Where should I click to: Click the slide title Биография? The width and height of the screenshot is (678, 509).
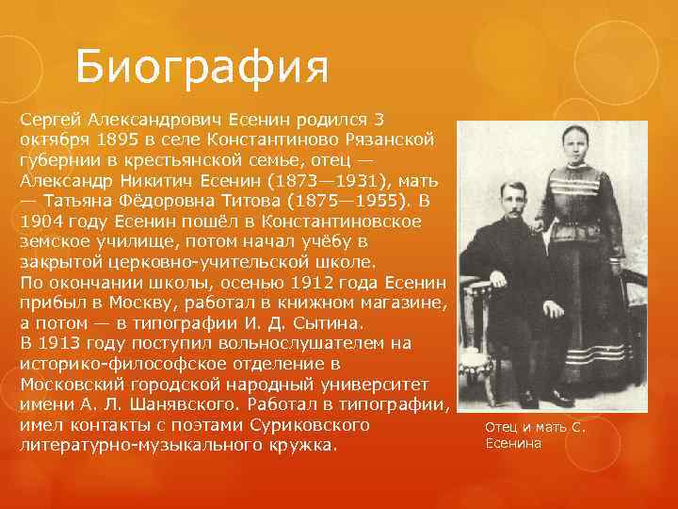[x=202, y=66]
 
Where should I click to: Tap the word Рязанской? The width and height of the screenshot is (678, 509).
[x=389, y=139]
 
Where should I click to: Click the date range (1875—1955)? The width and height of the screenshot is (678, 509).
[x=347, y=200]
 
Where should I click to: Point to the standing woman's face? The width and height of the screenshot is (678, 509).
[x=574, y=147]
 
